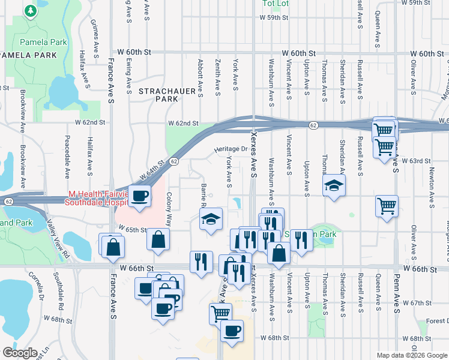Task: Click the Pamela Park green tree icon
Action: [x=29, y=11]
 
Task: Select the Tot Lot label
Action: [x=275, y=4]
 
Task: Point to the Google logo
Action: [x=20, y=352]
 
